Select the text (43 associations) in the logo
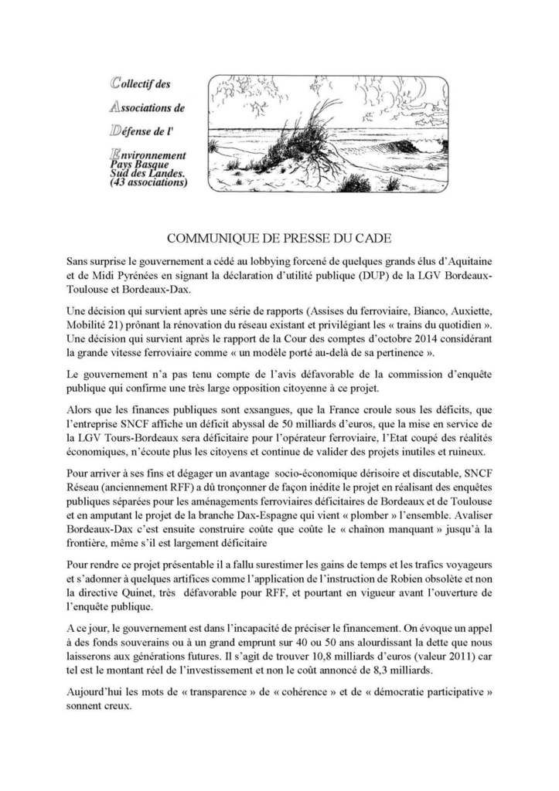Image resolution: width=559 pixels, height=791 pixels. tap(145, 184)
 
